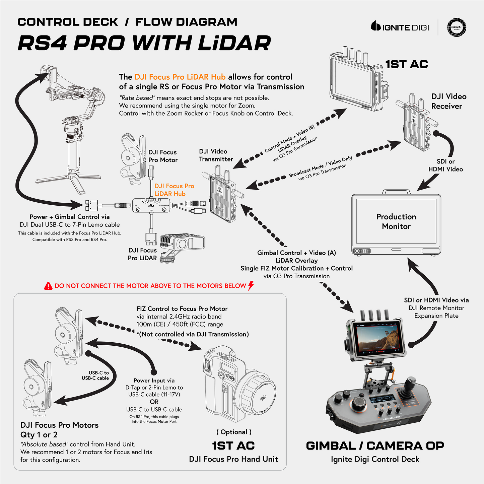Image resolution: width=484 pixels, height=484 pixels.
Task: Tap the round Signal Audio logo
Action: pos(457,27)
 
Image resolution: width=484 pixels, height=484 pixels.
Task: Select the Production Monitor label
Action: pos(396,221)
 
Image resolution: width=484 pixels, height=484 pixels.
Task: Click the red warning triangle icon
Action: pos(48,286)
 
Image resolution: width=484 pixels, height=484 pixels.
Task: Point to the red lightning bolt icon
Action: pos(251,285)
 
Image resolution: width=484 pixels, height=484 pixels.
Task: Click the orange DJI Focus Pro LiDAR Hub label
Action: pos(174,190)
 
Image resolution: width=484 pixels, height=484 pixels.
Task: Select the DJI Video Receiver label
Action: pos(448,101)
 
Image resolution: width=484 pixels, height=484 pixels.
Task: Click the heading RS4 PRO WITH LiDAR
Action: pos(144,43)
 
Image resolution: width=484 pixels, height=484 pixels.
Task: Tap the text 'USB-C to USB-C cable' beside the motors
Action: pos(95,375)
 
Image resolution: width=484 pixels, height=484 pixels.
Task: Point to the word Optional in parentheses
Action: pos(234,432)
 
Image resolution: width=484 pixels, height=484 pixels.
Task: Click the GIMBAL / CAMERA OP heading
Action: pos(375,446)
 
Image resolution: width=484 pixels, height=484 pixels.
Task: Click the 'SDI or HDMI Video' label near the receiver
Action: pos(445,165)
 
